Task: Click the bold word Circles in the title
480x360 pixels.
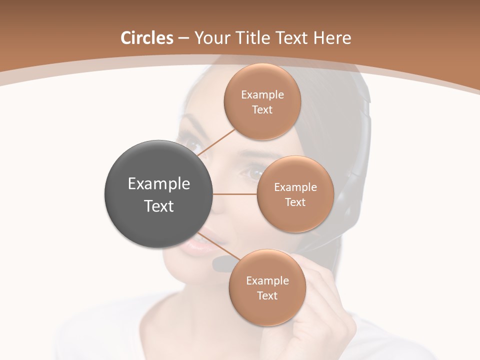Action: (147, 38)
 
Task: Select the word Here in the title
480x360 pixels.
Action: (332, 38)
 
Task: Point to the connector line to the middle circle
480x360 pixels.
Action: (235, 194)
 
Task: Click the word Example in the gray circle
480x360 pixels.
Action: (159, 184)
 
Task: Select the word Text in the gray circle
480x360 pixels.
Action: (159, 206)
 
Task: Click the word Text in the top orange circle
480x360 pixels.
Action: (262, 110)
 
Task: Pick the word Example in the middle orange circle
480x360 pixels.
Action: (295, 187)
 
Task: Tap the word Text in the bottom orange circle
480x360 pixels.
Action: (267, 295)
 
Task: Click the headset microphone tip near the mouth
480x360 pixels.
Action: (220, 264)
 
